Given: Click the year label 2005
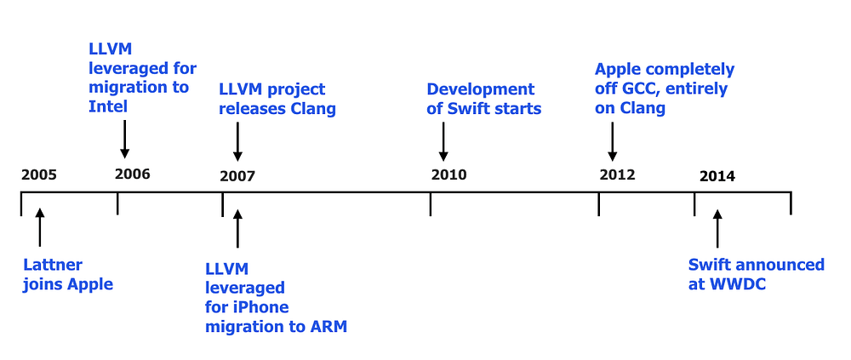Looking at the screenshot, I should (x=39, y=175).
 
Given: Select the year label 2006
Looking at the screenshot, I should (x=132, y=174).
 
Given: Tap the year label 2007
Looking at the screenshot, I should (x=237, y=176).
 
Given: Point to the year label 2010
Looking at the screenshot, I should (x=448, y=175).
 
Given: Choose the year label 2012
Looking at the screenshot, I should (x=617, y=175).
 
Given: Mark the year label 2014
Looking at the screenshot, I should (x=717, y=176).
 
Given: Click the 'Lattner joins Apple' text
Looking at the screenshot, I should (x=68, y=275).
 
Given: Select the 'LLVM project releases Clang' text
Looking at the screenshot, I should (x=277, y=99).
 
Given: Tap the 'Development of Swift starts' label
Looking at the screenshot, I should (x=483, y=99).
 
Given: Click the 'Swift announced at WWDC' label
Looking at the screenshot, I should (x=756, y=275).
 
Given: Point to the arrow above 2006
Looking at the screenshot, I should (x=125, y=139).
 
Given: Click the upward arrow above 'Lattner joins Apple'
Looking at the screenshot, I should (x=39, y=226).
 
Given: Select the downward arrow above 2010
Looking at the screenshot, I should (x=443, y=140).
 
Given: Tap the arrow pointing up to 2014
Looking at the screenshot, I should (x=717, y=227).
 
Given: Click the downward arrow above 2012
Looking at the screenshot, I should (x=612, y=140).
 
